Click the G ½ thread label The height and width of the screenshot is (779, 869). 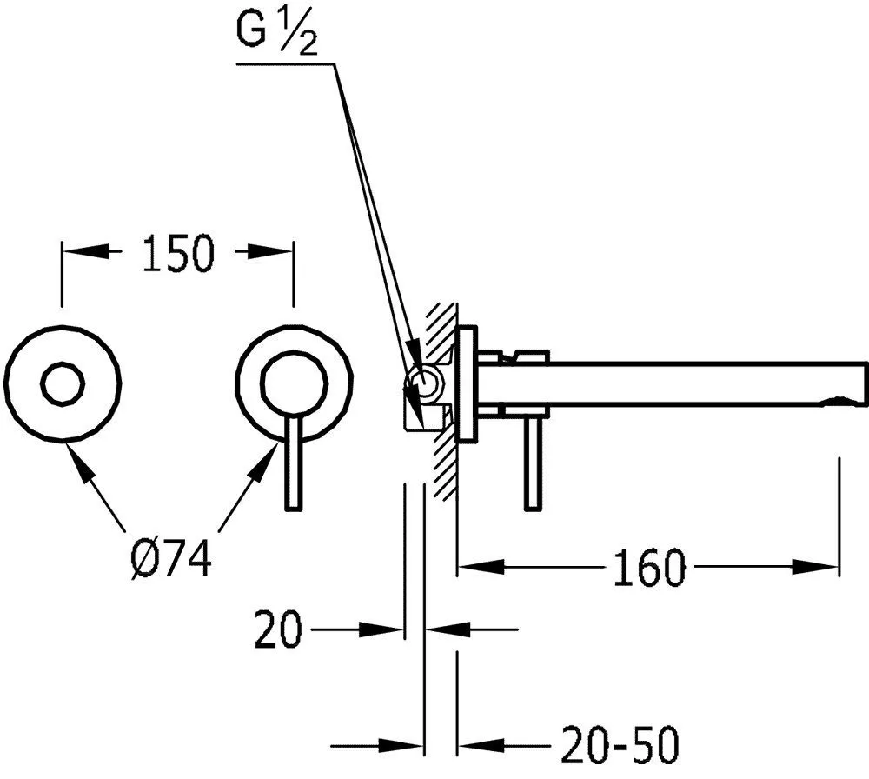point(277,34)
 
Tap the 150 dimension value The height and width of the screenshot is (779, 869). point(178,253)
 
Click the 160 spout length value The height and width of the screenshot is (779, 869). point(649,568)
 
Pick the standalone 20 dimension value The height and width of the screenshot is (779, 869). point(279,629)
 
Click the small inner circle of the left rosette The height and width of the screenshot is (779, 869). point(63,383)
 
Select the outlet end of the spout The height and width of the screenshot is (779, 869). point(862,382)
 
